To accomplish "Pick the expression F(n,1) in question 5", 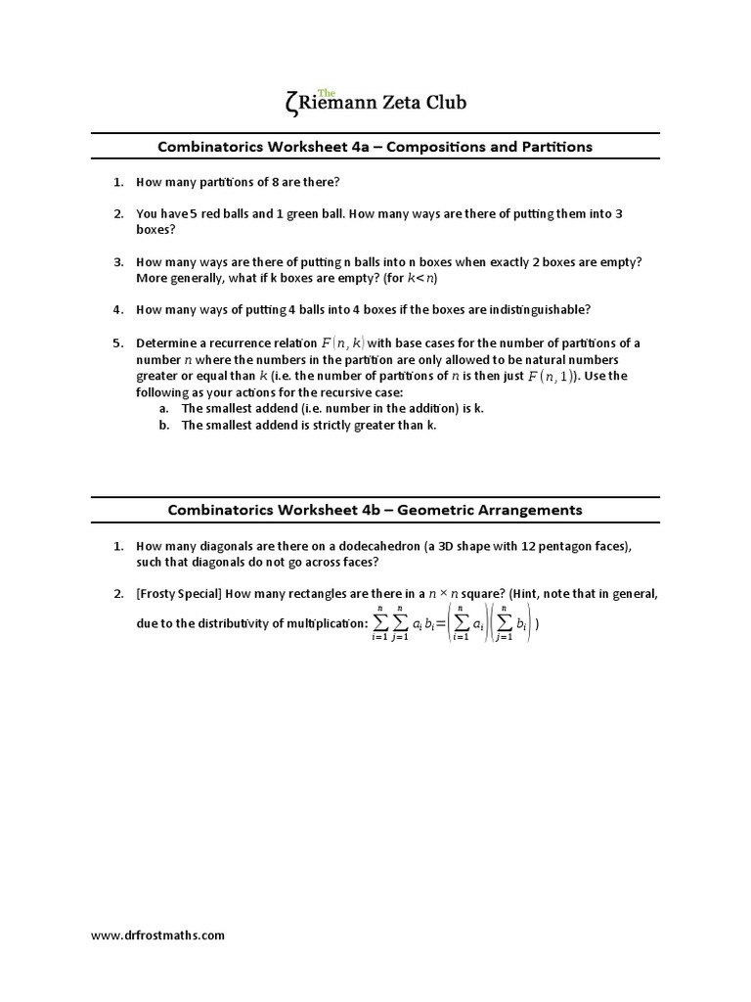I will [x=552, y=376].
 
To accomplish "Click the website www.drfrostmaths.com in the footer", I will [x=158, y=935].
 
